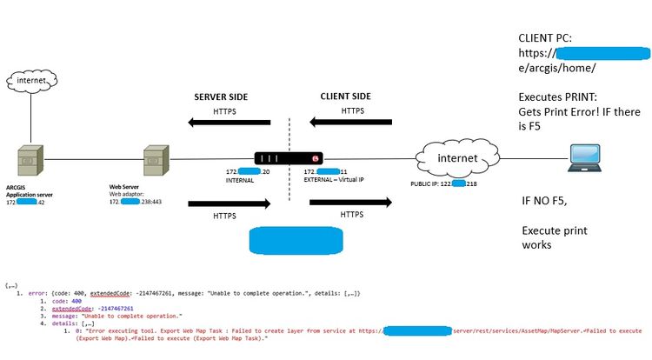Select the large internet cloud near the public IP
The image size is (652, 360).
point(445,158)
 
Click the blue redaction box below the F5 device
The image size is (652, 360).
point(296,241)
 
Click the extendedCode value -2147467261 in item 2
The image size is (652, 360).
point(115,308)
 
